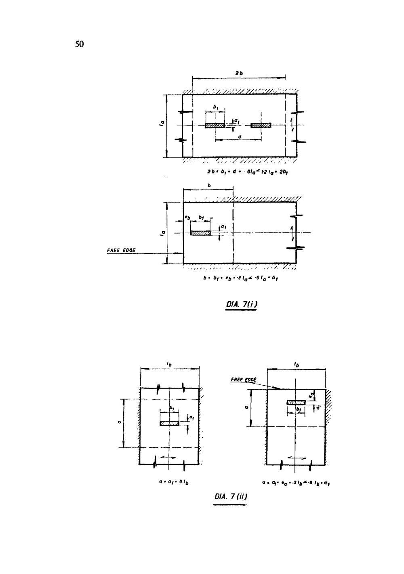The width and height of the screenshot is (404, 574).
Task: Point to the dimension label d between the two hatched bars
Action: [x=240, y=137]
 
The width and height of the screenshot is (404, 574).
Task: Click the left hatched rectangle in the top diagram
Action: [x=215, y=125]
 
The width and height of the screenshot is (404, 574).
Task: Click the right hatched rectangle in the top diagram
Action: [x=261, y=125]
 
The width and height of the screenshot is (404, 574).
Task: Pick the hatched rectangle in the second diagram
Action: [x=200, y=233]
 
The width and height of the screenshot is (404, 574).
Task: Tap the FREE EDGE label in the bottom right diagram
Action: [x=244, y=380]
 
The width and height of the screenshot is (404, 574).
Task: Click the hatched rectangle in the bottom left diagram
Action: [x=169, y=423]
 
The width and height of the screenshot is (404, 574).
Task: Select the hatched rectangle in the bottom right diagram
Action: [x=296, y=402]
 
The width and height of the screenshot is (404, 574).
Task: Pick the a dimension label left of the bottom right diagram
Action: [x=246, y=408]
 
